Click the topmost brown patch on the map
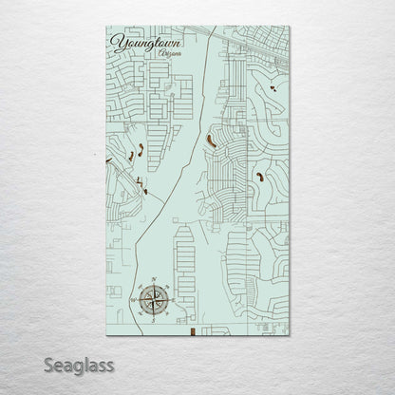[273, 88]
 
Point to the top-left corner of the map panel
[100, 27]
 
